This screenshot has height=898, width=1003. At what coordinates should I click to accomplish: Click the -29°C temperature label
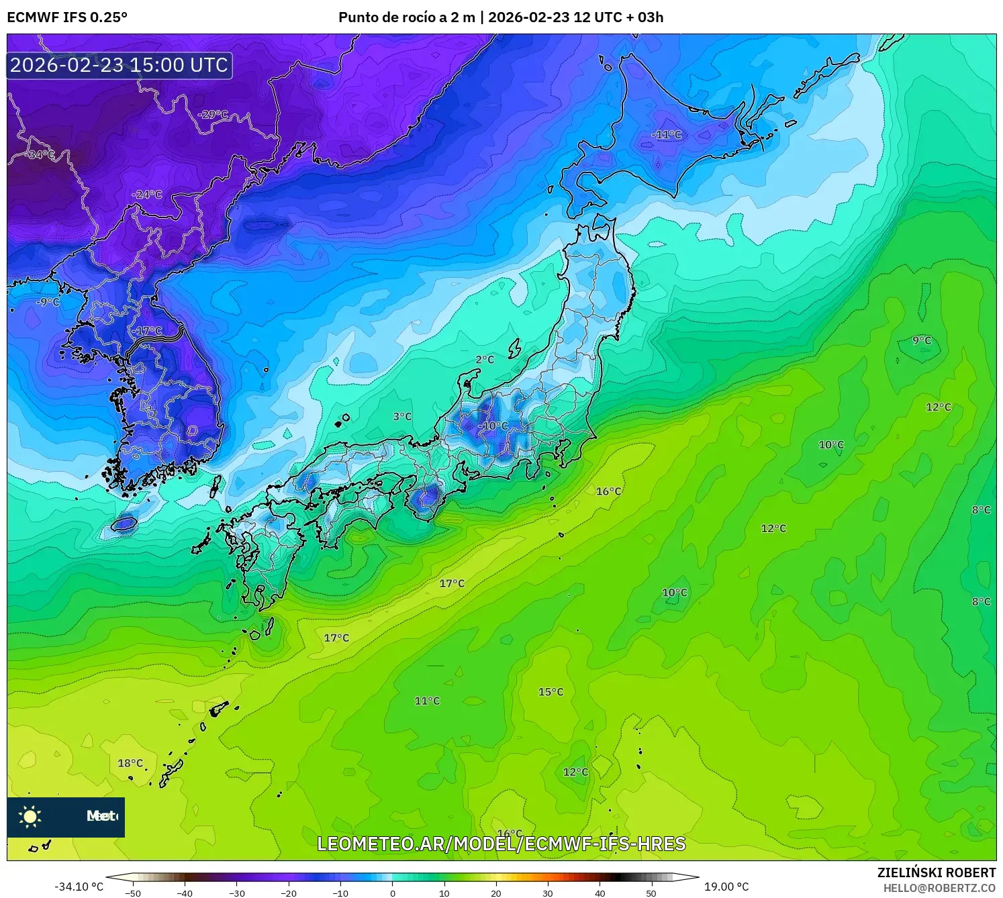pos(213,114)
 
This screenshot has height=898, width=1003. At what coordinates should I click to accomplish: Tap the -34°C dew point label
pos(40,154)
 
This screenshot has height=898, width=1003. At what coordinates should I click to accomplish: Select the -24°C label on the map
pos(147,195)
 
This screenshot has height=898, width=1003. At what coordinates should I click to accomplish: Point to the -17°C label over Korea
pos(147,331)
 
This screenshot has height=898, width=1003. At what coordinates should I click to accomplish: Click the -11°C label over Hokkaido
pos(666,135)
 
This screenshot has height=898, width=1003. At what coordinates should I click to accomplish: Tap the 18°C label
pos(130,763)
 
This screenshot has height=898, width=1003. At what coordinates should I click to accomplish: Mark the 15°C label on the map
pos(551,692)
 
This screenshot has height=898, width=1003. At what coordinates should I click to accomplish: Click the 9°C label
pos(922,340)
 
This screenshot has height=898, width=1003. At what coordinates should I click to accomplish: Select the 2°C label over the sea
pos(485,360)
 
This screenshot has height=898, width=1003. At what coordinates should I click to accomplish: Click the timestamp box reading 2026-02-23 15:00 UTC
pos(120,65)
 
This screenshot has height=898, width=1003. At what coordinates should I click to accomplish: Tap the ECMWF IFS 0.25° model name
pos(67,17)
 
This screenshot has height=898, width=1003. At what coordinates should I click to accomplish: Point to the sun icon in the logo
pos(30,817)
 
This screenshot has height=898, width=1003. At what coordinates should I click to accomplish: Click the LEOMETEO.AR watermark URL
pos(501,844)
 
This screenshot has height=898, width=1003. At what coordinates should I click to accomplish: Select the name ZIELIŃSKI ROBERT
pos(937,872)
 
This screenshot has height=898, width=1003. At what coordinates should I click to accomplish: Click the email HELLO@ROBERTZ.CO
pos(939,888)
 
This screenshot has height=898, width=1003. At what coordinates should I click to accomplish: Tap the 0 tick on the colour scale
pos(393,893)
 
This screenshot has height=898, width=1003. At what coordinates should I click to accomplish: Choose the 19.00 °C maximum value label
pos(726,887)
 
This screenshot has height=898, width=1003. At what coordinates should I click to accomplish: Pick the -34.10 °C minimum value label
pos(79,887)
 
